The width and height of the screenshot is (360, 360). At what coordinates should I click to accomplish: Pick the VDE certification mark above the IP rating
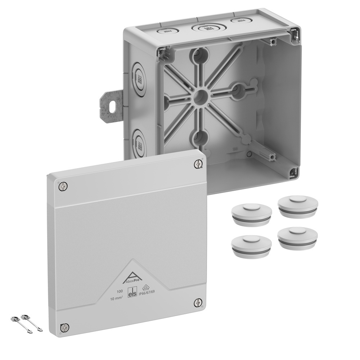147,287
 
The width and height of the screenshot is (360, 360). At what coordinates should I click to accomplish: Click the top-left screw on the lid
63,186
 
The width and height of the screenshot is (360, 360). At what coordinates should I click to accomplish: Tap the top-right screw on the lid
198,164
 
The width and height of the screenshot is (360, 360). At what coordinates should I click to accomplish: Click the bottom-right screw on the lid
198,302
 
